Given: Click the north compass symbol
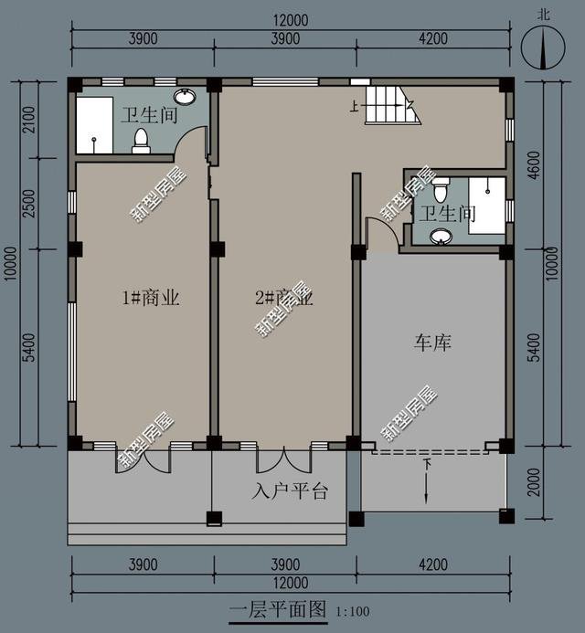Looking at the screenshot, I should coord(540,46).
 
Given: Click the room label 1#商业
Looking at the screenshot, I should coord(150,298).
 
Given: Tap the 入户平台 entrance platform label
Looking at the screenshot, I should coord(289,492).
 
